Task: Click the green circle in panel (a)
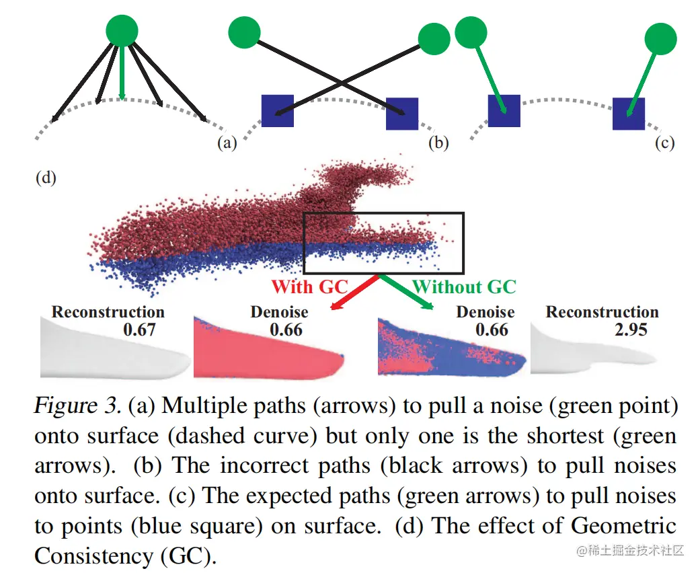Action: tap(122, 30)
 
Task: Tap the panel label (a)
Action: tap(227, 143)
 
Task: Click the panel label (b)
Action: tap(438, 143)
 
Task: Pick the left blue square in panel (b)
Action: tap(277, 111)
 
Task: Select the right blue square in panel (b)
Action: tap(402, 114)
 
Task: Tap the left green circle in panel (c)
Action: tap(471, 32)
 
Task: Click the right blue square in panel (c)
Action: tap(628, 114)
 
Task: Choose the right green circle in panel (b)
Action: tap(434, 38)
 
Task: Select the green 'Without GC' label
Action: tap(464, 286)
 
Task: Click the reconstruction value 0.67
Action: tap(140, 330)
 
